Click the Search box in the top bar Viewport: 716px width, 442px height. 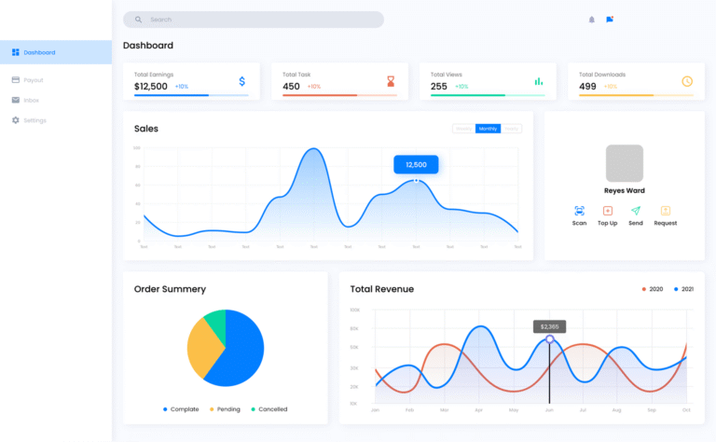point(253,20)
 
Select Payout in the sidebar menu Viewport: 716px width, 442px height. point(33,80)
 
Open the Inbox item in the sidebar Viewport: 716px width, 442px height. point(31,100)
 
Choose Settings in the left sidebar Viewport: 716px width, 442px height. point(34,120)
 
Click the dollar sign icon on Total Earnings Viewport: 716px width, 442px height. point(242,81)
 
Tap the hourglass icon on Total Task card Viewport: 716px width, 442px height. point(391,81)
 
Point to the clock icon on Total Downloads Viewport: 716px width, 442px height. point(687,81)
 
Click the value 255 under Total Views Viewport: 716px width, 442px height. point(439,87)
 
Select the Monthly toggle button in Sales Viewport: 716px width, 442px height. point(488,129)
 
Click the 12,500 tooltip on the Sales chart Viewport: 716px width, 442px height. point(416,164)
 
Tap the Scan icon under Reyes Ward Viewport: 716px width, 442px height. point(579,212)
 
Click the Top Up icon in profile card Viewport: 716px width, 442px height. point(608,212)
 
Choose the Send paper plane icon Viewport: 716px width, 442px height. point(636,212)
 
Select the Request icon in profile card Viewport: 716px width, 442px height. point(666,212)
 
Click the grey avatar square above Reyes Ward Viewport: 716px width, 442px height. point(625,163)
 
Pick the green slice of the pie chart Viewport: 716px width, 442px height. point(215,324)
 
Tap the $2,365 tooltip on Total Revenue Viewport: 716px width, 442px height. point(549,326)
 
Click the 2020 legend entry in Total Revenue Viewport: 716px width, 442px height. point(653,289)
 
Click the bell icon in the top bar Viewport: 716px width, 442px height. point(591,20)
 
